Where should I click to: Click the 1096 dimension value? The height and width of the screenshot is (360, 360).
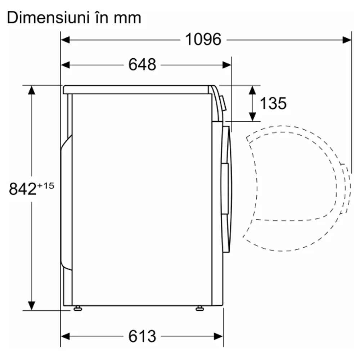click(203, 40)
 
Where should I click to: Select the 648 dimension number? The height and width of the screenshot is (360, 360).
click(142, 64)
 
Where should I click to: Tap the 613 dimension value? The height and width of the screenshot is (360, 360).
click(142, 336)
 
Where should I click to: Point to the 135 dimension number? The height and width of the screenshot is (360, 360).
click(273, 103)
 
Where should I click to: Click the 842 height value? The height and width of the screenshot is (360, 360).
click(23, 189)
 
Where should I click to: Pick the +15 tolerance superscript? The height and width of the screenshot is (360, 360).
click(46, 185)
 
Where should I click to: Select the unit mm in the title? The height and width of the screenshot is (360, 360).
click(127, 19)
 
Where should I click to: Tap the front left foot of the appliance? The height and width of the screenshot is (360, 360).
click(78, 309)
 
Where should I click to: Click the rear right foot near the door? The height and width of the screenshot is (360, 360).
click(200, 309)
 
